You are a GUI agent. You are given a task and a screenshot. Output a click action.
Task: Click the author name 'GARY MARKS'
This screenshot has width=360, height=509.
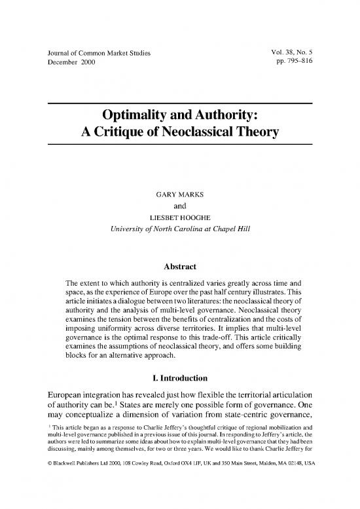179,196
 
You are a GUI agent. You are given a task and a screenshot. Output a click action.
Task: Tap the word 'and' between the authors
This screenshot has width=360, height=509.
179,207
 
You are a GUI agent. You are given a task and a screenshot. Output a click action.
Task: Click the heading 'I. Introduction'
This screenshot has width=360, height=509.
179,377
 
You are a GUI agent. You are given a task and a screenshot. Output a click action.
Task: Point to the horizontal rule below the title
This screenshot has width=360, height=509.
179,144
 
